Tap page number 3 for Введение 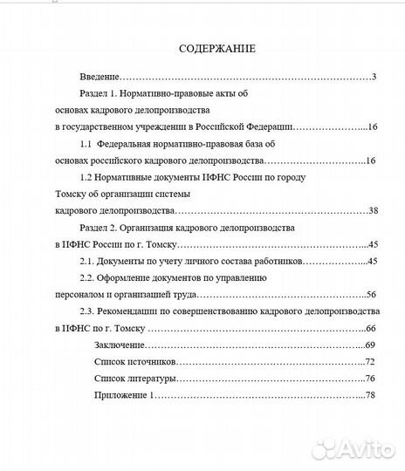click(x=373, y=78)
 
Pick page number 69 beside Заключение click(x=368, y=345)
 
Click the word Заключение click(x=118, y=345)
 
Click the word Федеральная click(x=127, y=144)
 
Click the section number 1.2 click(x=88, y=177)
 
